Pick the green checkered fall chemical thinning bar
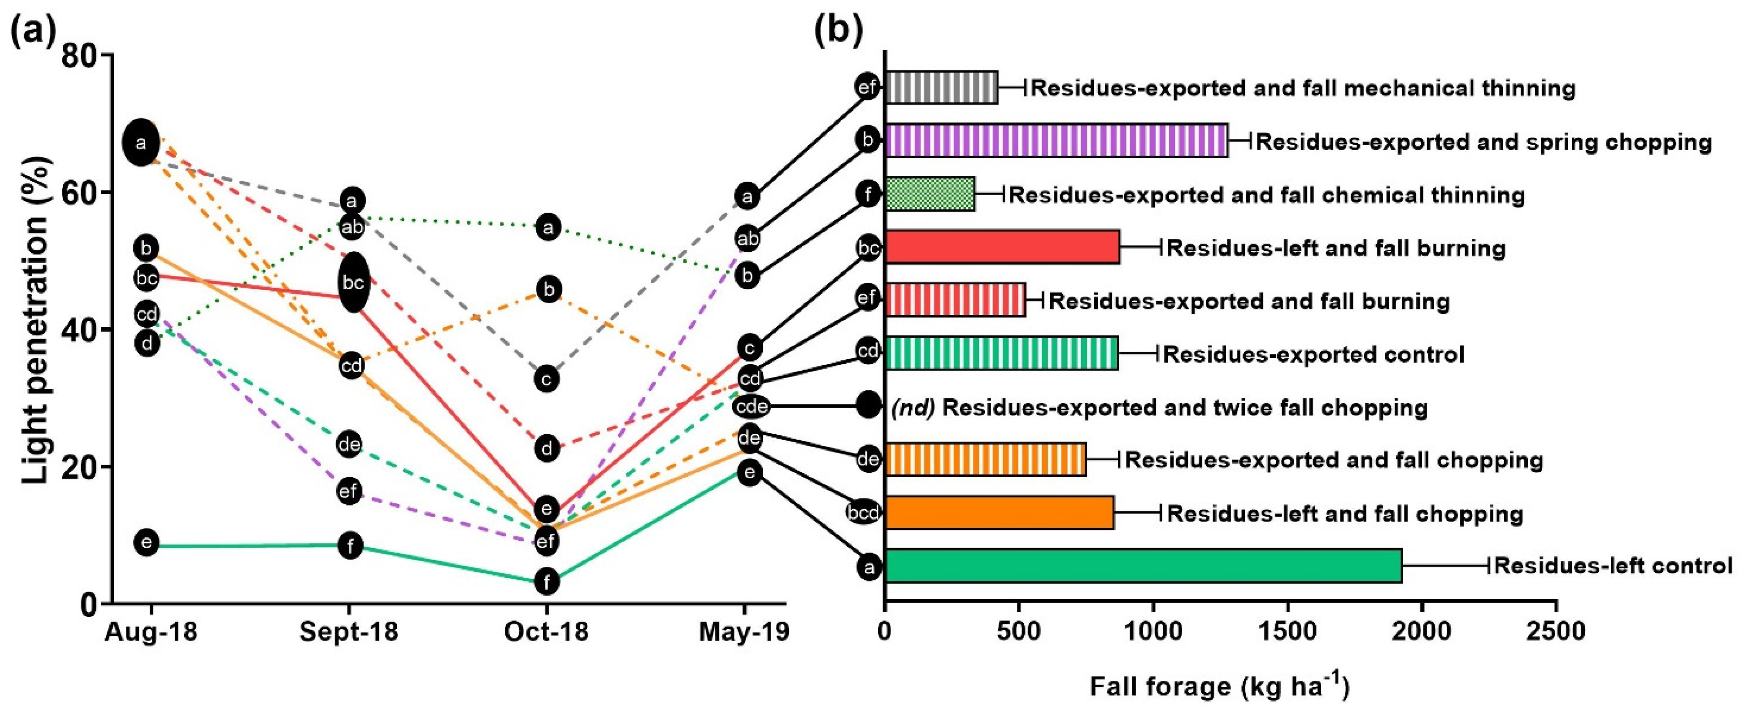pyautogui.click(x=930, y=194)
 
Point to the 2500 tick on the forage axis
pyautogui.click(x=1557, y=631)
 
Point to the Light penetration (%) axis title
pyautogui.click(x=35, y=329)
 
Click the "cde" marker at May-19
pyautogui.click(x=751, y=406)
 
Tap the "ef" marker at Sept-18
pyautogui.click(x=348, y=491)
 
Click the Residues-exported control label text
pyautogui.click(x=1313, y=354)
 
